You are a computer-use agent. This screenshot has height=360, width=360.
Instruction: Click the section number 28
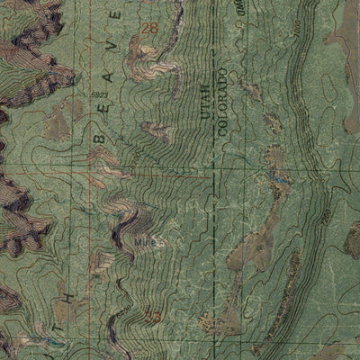pos(151,29)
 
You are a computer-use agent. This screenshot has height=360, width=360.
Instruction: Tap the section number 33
pos(152,317)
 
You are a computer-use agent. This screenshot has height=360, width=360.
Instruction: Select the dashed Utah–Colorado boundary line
pos(214,225)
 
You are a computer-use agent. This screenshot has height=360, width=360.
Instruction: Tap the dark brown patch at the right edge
pos(351,238)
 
